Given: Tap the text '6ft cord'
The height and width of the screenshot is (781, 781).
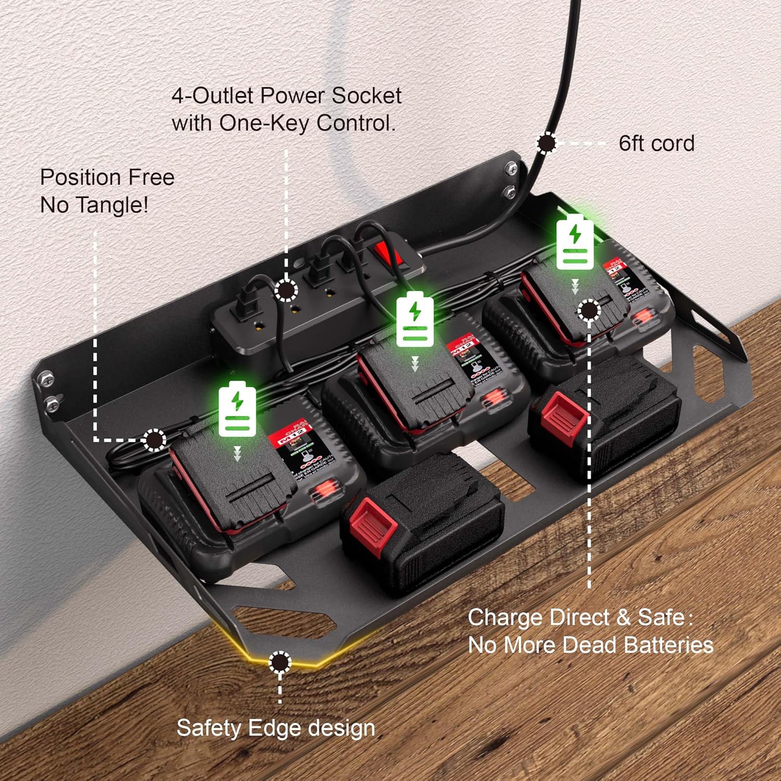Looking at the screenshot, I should [656, 144].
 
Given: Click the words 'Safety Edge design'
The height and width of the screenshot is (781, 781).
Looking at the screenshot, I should [275, 727].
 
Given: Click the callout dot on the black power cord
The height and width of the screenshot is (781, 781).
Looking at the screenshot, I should [546, 143].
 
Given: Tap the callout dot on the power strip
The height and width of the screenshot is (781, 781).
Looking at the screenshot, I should [285, 290].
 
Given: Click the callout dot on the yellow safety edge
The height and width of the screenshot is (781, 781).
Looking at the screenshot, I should [280, 662].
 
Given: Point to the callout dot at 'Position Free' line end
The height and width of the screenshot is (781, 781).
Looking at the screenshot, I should [154, 440].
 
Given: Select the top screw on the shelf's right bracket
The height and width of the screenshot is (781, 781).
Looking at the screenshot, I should [511, 168].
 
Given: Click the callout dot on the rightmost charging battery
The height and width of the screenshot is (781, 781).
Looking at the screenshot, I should [588, 310].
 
